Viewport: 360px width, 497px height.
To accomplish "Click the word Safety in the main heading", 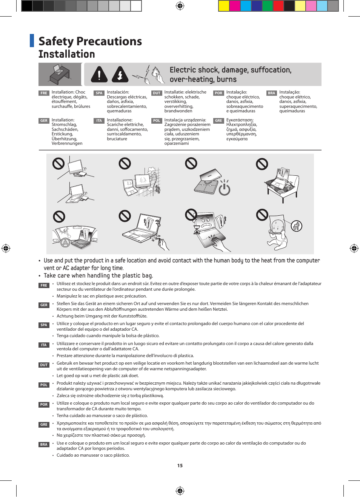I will [x=56, y=41].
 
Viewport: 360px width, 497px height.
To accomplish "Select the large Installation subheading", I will [x=67, y=54].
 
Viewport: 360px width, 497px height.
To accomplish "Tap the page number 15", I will [x=180, y=466].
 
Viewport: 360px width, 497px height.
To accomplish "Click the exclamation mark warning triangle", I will [x=99, y=74].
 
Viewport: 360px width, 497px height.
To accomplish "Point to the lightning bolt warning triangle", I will [x=120, y=74].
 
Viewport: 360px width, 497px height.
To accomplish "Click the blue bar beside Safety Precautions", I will [x=32, y=41].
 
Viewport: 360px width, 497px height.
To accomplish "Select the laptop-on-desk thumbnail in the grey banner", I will [x=60, y=74].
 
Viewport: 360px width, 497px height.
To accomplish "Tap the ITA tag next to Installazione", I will [x=99, y=121].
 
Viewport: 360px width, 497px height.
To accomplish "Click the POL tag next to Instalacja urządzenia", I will [x=157, y=121].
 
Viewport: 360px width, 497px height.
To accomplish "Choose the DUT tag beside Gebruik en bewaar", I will [x=44, y=365].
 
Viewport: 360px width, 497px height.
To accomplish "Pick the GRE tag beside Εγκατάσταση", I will [x=218, y=121].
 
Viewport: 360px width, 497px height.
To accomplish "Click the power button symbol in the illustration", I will [x=225, y=188].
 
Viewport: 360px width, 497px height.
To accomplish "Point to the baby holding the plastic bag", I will [x=277, y=232].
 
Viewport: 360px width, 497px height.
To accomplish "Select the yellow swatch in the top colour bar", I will [x=224, y=6].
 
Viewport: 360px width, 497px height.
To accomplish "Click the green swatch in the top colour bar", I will [x=267, y=6].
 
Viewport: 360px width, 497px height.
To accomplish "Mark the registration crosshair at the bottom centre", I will [x=180, y=491].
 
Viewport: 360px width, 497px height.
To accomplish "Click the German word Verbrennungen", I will [x=67, y=143].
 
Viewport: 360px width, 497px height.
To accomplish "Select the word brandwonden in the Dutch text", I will [x=178, y=111].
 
